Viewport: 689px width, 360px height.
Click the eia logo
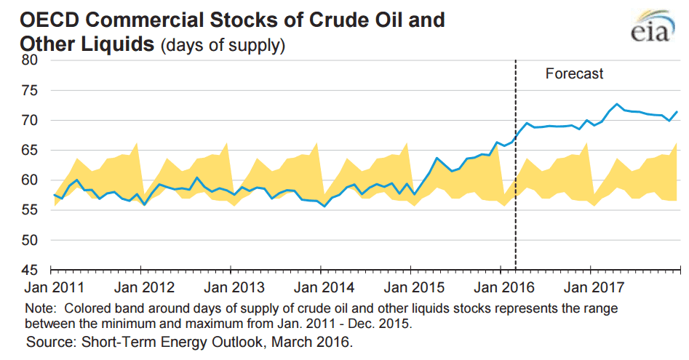(x=650, y=30)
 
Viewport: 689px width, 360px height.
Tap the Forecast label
(x=574, y=73)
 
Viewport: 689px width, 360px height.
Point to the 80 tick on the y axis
(x=28, y=60)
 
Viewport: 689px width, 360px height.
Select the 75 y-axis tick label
(x=28, y=90)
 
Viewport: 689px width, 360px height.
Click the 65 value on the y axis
(x=28, y=150)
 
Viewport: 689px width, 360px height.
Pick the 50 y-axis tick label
(x=28, y=239)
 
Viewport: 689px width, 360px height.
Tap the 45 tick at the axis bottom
(x=28, y=269)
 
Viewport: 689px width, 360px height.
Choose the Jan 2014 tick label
(x=319, y=286)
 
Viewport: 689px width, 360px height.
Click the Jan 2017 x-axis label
(x=589, y=286)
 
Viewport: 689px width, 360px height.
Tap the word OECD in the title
(x=41, y=19)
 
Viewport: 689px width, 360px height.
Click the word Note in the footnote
(x=38, y=308)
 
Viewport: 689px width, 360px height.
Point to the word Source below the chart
(x=49, y=340)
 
